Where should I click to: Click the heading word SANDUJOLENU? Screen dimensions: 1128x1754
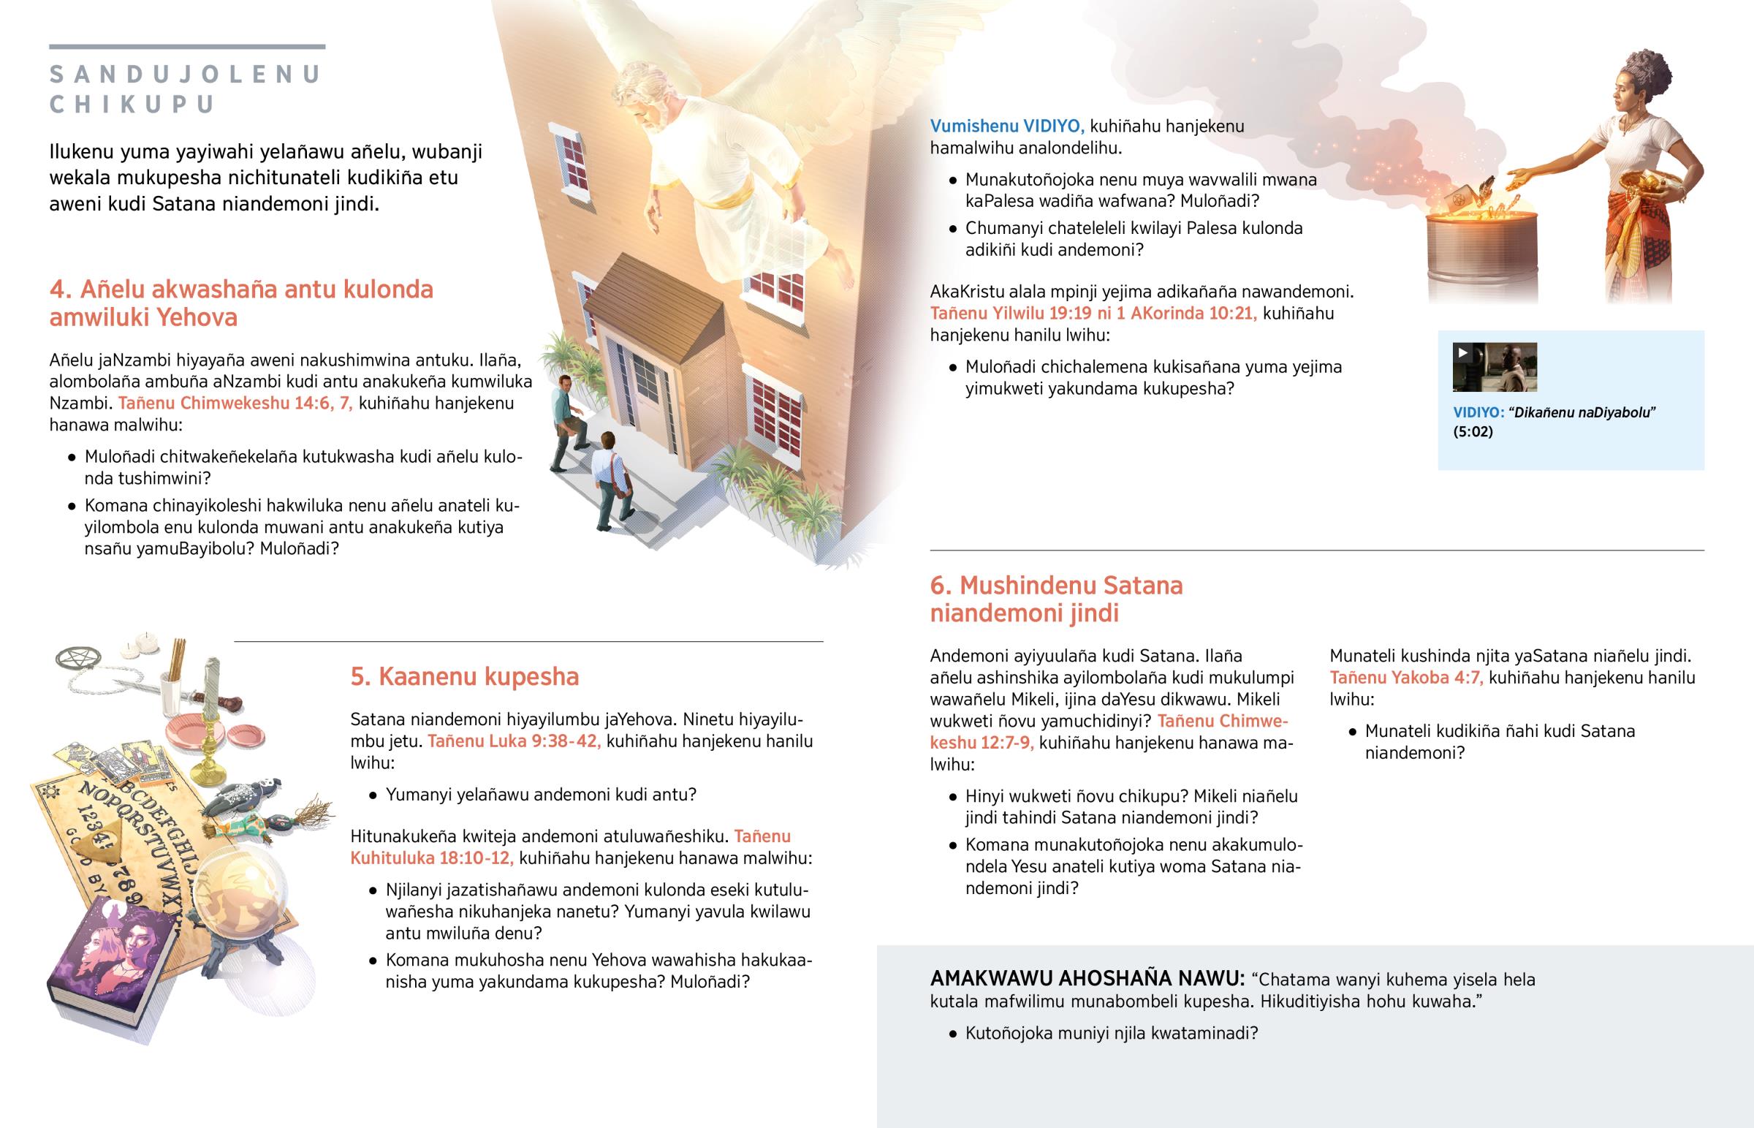click(x=185, y=75)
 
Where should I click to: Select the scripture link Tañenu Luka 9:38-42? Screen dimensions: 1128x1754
click(x=514, y=741)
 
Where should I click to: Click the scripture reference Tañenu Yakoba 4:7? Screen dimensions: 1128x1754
click(x=1405, y=678)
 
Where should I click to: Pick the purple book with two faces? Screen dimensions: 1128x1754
click(x=113, y=960)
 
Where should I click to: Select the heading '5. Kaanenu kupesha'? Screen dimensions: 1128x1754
click(x=464, y=676)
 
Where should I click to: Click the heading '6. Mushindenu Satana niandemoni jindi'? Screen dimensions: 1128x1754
click(x=1055, y=599)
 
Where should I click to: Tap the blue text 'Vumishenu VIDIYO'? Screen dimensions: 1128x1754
click(x=1006, y=126)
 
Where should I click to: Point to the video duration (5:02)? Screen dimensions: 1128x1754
click(x=1472, y=431)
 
